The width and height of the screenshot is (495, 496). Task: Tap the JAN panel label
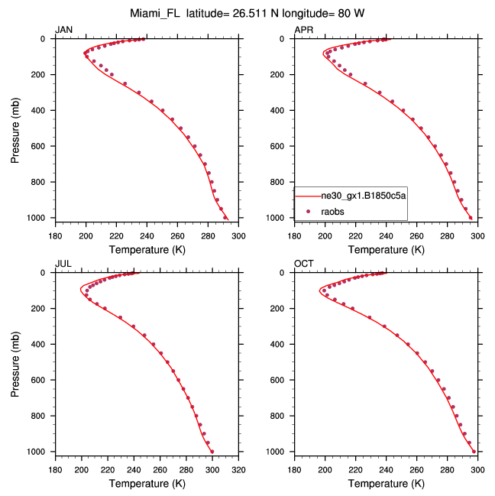63,29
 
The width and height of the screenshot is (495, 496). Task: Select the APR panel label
303,29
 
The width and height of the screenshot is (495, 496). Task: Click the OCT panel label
303,264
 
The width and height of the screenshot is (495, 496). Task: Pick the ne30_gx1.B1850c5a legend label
363,196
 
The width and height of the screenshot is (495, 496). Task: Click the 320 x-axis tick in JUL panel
238,470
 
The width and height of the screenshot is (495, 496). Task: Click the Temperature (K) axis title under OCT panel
386,484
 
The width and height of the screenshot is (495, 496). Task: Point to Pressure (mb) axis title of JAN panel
15,128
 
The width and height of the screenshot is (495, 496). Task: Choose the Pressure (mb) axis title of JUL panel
15,362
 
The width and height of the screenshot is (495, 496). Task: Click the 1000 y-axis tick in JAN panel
40,218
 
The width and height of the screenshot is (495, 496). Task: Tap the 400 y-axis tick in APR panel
282,110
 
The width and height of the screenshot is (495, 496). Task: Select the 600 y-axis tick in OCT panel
282,380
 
